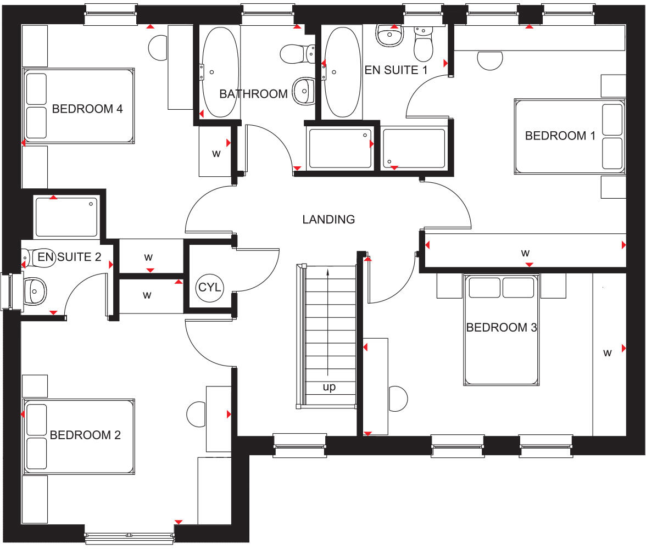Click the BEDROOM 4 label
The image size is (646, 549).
87,109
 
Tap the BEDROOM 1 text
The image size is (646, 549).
560,136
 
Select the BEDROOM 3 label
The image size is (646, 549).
501,328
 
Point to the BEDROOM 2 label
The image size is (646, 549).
85,435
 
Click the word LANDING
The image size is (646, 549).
328,220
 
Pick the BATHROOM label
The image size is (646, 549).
253,94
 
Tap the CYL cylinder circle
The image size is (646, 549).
209,287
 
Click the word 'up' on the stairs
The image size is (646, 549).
329,387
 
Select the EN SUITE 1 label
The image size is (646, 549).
396,70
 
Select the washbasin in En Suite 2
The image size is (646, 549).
35,289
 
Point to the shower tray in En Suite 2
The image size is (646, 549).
66,217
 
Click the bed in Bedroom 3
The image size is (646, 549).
500,329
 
